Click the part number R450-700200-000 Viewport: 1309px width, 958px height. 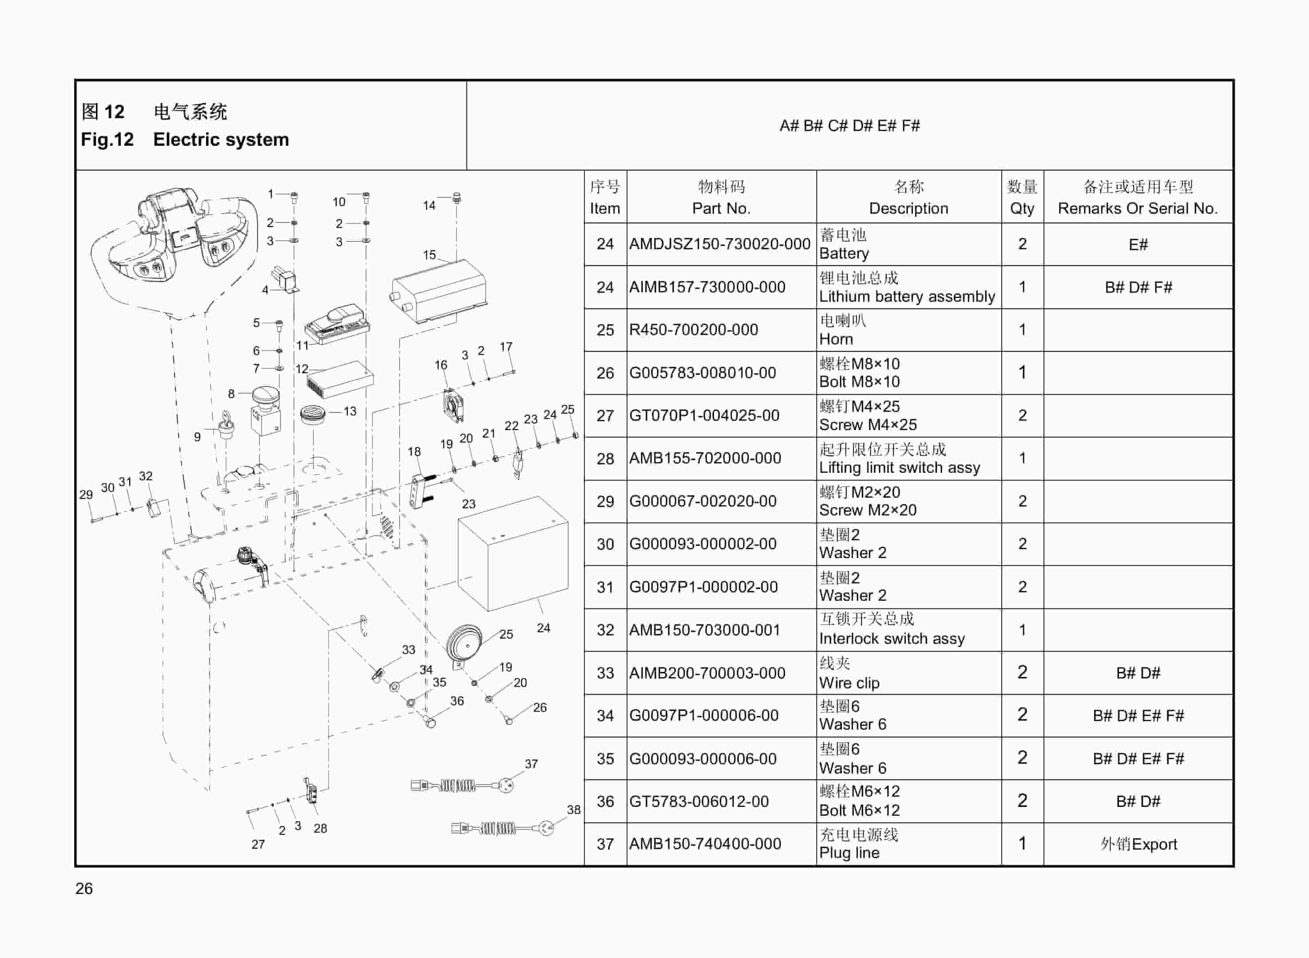693,330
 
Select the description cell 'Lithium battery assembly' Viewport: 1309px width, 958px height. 906,296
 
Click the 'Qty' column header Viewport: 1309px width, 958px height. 1022,208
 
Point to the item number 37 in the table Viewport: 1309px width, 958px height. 605,844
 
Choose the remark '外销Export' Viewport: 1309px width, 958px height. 1138,844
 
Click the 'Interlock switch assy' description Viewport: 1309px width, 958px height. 891,639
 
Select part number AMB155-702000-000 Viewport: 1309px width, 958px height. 705,458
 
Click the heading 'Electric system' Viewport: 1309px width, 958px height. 221,140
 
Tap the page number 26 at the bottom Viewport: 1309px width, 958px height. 84,888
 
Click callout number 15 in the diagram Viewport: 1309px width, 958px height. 429,255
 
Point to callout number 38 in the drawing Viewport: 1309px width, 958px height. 573,810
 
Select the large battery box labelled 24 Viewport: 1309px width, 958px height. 513,554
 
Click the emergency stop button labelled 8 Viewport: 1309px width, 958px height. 266,409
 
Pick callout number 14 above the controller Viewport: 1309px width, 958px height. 429,205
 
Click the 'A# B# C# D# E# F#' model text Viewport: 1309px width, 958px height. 849,126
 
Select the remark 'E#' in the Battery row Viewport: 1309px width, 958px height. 1138,245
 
